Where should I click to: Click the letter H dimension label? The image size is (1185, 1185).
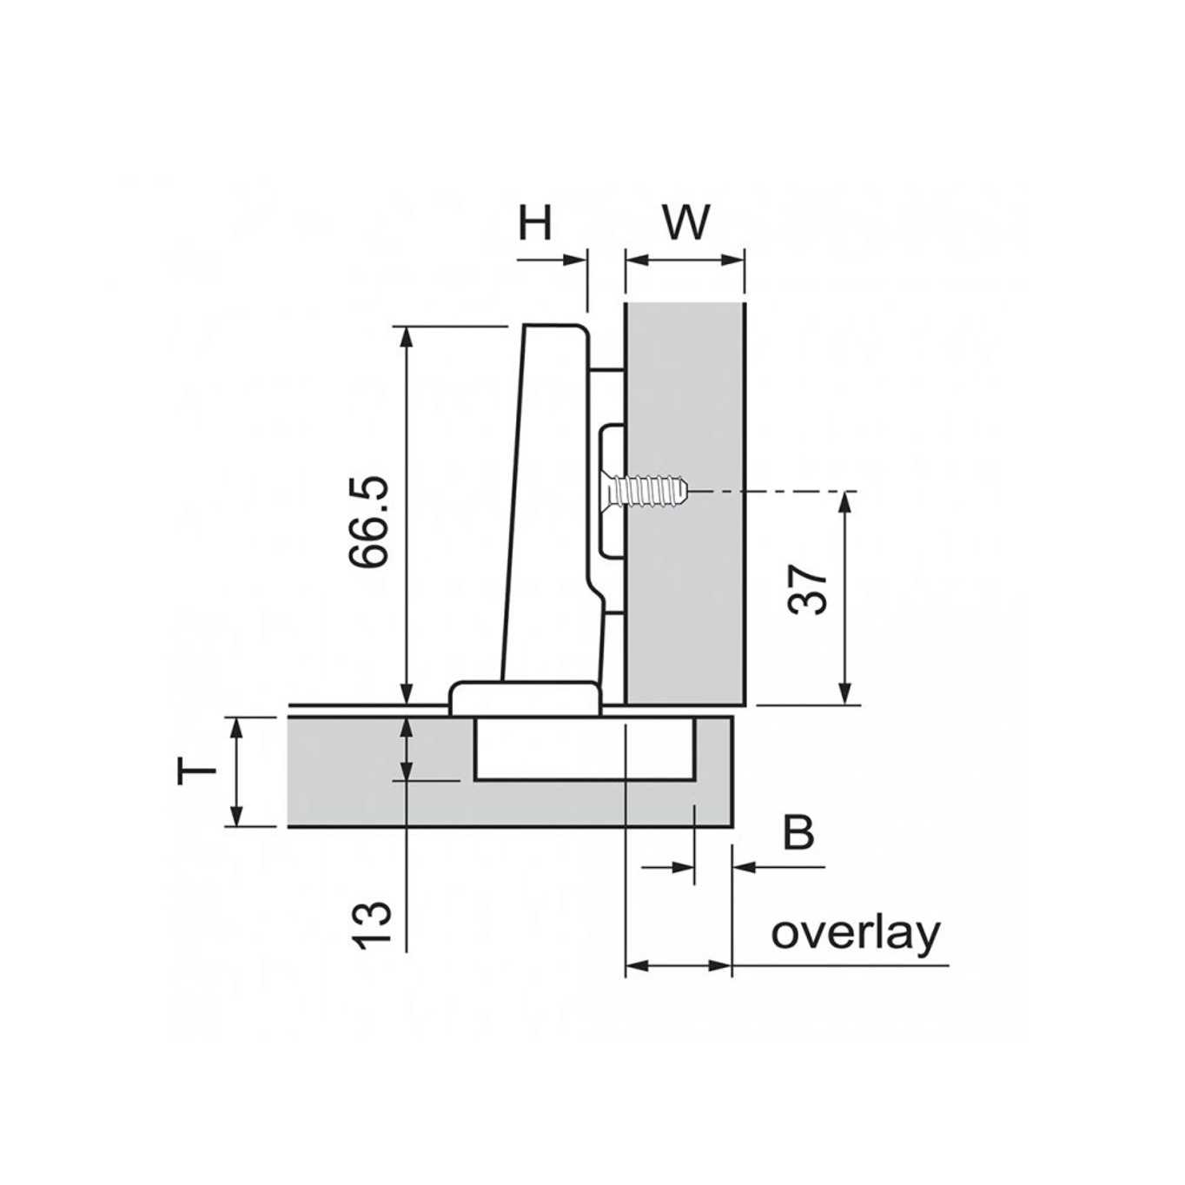pyautogui.click(x=535, y=223)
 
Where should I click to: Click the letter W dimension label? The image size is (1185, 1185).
pyautogui.click(x=686, y=223)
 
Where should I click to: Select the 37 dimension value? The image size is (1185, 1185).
pyautogui.click(x=809, y=590)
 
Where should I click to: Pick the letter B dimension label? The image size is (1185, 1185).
pyautogui.click(x=798, y=832)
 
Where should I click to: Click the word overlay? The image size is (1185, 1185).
pyautogui.click(x=856, y=933)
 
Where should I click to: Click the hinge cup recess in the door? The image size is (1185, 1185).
pyautogui.click(x=584, y=749)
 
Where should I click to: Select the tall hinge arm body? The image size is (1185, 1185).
pyautogui.click(x=547, y=504)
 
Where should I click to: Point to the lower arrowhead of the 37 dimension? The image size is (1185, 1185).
pyautogui.click(x=844, y=693)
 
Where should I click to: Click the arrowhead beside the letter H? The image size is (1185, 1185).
pyautogui.click(x=576, y=259)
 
